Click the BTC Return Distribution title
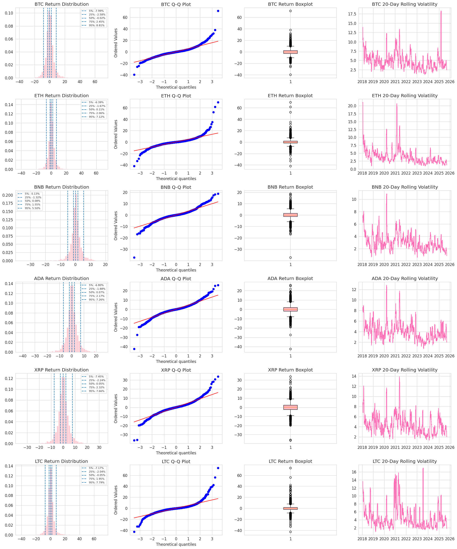62,4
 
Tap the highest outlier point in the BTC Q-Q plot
218,11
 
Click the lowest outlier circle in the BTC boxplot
290,75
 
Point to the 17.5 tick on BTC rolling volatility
352,14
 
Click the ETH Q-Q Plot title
176,96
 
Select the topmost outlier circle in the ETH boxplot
290,102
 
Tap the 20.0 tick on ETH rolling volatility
352,106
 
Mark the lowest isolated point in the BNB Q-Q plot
134,257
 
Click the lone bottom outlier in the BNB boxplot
290,257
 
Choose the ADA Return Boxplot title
290,278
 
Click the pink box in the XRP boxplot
290,407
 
